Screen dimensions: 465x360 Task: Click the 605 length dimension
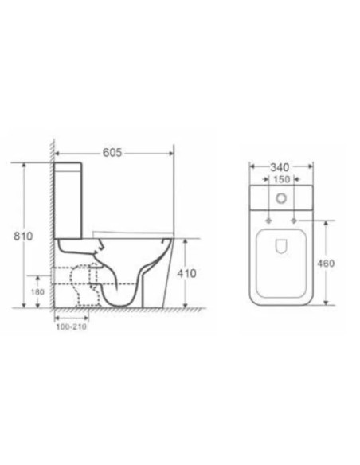[x=112, y=154]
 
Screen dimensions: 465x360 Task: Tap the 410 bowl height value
[x=186, y=273]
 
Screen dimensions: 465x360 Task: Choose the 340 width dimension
[x=279, y=167]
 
